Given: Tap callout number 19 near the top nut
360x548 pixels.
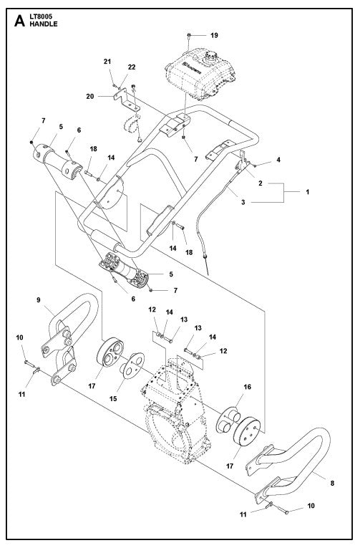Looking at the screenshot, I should (x=213, y=35).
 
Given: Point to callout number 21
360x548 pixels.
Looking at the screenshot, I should (x=107, y=63).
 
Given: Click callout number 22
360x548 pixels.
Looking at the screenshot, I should (x=132, y=67).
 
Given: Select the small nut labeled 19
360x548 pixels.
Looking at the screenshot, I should (x=188, y=34).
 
